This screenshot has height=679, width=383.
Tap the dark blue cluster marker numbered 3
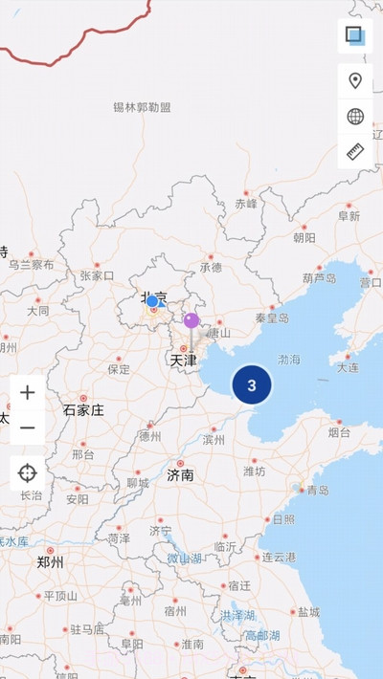click(252, 385)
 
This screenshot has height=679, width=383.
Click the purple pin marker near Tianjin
click(191, 320)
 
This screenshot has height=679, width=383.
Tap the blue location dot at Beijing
click(152, 301)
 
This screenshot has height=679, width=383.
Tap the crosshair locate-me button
click(27, 472)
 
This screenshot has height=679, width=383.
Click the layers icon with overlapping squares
click(355, 36)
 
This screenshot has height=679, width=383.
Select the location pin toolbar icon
click(355, 81)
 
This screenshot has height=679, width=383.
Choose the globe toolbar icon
click(355, 117)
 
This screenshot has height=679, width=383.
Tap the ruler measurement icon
click(355, 152)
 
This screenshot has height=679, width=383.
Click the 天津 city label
click(183, 361)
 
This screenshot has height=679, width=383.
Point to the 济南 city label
click(180, 474)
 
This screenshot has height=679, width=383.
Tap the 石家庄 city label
click(83, 410)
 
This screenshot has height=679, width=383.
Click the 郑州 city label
click(50, 562)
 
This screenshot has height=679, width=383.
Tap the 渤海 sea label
click(288, 361)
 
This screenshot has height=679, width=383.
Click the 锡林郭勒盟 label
click(142, 107)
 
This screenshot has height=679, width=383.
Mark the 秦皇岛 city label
click(272, 318)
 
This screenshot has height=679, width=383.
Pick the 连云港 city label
click(281, 557)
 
